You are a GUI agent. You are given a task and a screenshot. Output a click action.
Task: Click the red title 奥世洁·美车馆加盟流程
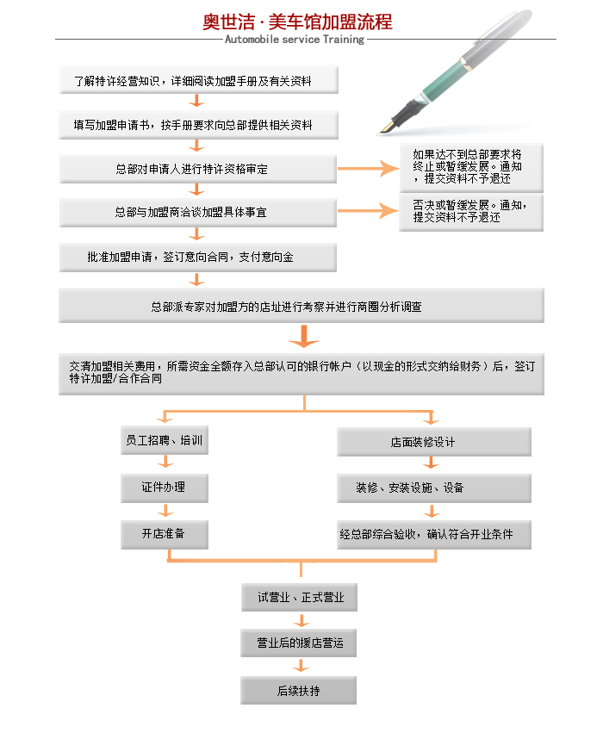(x=297, y=22)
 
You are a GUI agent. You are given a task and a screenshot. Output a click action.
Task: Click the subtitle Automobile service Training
(x=295, y=40)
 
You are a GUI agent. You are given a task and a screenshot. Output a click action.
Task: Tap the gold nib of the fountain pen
(x=386, y=127)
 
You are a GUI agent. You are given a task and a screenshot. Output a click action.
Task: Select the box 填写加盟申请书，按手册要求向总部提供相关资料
(x=198, y=125)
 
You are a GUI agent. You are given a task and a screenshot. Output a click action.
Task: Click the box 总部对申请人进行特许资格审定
(x=198, y=169)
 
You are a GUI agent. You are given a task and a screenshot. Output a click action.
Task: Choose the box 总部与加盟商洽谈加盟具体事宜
(x=198, y=212)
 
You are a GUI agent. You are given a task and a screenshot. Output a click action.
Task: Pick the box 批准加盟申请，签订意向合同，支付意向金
(x=198, y=258)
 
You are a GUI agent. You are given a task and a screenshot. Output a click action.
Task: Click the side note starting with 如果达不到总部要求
(x=471, y=167)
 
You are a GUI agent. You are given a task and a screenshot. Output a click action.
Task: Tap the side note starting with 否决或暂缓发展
(x=471, y=212)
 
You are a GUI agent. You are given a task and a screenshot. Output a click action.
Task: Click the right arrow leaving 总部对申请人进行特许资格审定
(x=369, y=168)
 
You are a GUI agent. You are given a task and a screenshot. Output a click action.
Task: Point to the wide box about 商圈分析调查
(x=301, y=306)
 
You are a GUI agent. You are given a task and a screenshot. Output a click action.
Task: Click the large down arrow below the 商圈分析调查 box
(x=304, y=337)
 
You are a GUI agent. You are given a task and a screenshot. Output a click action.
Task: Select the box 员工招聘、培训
(x=165, y=440)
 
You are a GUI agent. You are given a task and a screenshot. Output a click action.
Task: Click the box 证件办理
(x=165, y=488)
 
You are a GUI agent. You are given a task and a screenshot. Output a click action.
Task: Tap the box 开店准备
(x=165, y=534)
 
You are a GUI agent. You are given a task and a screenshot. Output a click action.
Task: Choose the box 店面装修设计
(x=434, y=442)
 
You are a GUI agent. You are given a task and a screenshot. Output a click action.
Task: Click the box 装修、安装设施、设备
(x=434, y=488)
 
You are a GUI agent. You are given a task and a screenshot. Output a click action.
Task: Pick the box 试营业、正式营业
(x=299, y=597)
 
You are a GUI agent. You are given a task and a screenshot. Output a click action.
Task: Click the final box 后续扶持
(x=299, y=690)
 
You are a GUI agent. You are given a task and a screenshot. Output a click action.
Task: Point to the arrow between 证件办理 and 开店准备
(x=165, y=510)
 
